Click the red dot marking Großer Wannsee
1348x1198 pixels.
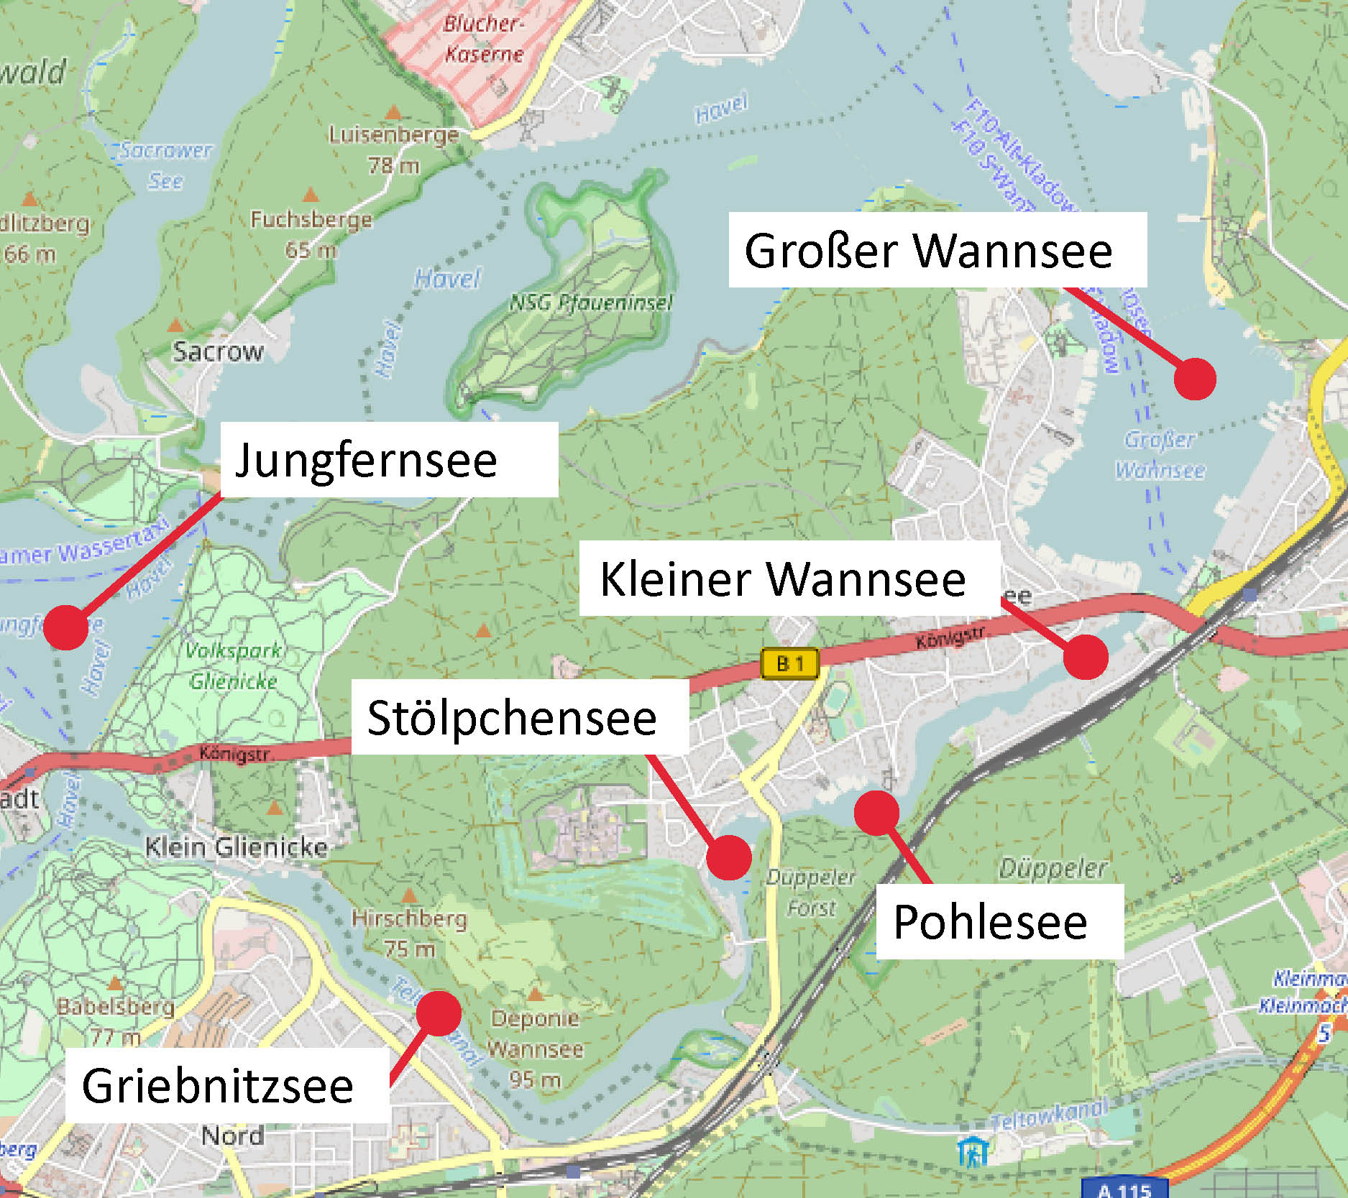point(1195,379)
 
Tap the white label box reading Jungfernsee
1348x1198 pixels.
point(389,460)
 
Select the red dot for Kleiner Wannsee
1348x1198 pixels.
point(1086,656)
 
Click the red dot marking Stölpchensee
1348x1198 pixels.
point(728,857)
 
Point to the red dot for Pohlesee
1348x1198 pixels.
point(876,813)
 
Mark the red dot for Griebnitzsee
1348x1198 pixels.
point(438,1013)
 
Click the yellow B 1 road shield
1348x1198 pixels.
point(790,663)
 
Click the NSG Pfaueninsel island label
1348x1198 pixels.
point(591,303)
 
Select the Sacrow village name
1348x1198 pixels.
point(218,351)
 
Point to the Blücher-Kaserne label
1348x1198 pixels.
point(484,39)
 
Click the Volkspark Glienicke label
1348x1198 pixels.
point(233,665)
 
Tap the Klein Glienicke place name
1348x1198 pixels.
point(237,847)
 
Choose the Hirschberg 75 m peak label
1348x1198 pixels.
point(409,933)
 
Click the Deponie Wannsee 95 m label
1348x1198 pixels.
point(536,1049)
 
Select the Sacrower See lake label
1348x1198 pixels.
point(165,165)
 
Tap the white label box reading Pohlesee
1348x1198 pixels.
point(999,922)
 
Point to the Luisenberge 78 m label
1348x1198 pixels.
point(393,149)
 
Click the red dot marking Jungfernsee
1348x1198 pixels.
point(65,627)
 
